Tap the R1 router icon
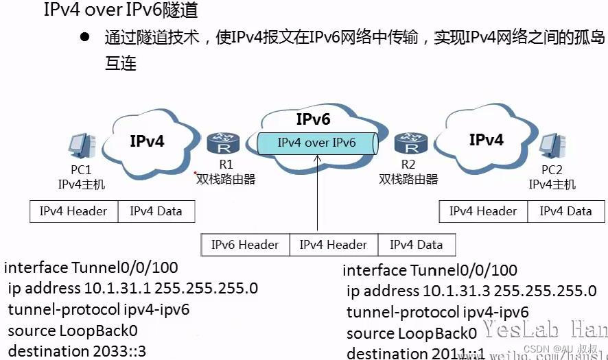(x=221, y=145)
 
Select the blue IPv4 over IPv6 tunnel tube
(x=317, y=143)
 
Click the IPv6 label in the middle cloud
(x=314, y=119)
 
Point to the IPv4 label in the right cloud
(x=486, y=140)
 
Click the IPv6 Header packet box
(x=245, y=245)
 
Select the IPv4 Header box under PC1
(x=73, y=211)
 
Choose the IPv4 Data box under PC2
(x=565, y=211)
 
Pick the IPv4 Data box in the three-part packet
(x=416, y=245)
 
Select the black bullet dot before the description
(x=85, y=36)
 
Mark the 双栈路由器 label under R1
(x=226, y=179)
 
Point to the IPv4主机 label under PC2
(x=552, y=184)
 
